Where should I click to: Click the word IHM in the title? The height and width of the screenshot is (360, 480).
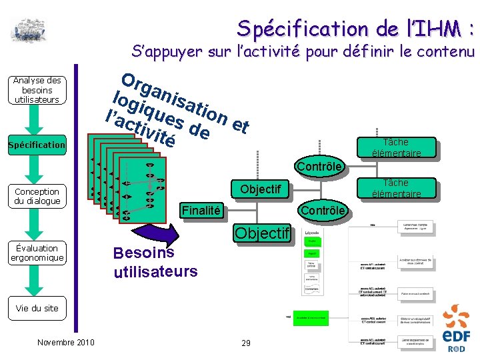click(441, 28)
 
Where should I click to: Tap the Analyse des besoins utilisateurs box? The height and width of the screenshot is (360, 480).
click(37, 90)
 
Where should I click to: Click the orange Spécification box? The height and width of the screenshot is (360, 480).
click(37, 145)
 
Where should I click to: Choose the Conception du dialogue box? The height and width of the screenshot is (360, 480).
click(37, 196)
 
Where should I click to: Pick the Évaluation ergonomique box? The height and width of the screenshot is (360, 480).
click(37, 253)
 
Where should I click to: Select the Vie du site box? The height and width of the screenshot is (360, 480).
click(37, 308)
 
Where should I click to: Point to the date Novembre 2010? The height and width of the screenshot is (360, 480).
click(66, 343)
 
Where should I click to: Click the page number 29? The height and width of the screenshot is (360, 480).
click(246, 343)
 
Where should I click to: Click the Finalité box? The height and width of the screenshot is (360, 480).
click(201, 211)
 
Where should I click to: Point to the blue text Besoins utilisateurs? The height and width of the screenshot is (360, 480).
click(155, 262)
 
